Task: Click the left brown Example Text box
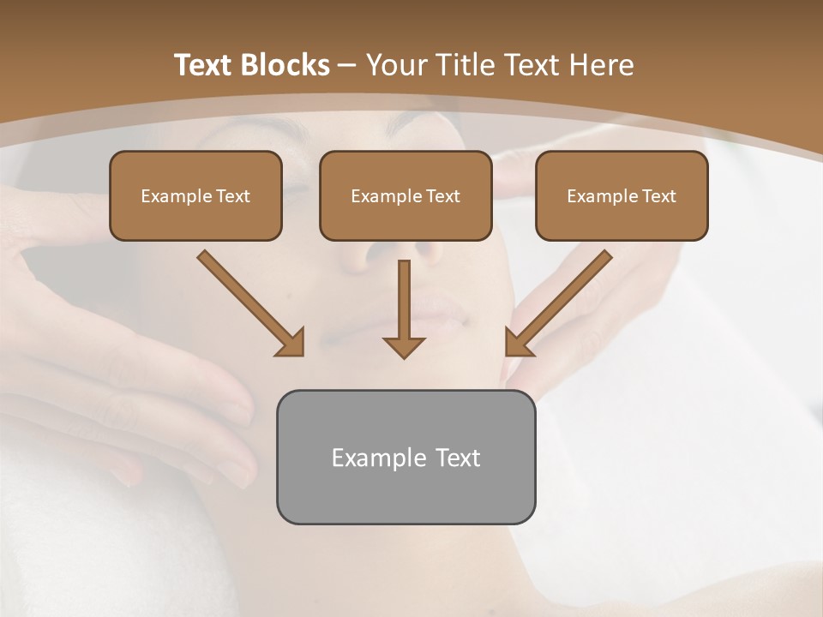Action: coord(195,195)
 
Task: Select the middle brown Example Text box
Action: coord(405,195)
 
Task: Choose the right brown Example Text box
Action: coord(622,195)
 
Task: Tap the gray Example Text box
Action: coord(405,457)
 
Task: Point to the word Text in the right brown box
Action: coord(658,196)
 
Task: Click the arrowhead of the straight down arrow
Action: coord(404,345)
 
